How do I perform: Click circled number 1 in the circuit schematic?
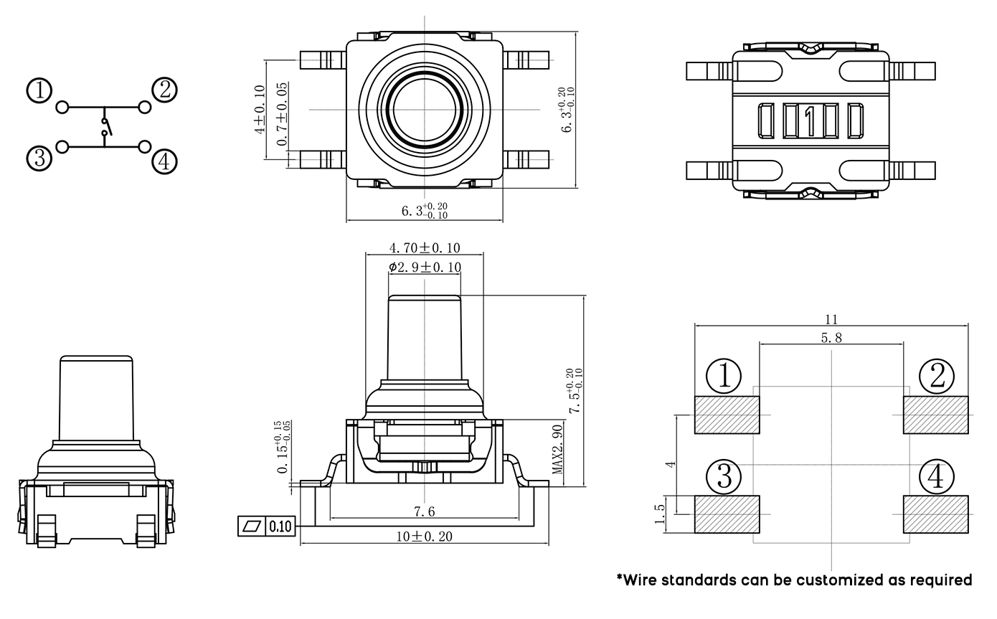[x=40, y=92]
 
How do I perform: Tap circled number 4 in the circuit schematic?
[x=164, y=162]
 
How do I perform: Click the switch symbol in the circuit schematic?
[x=105, y=128]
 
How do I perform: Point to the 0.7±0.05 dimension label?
[x=283, y=115]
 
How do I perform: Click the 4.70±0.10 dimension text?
[x=425, y=248]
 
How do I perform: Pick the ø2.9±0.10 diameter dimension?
[x=425, y=268]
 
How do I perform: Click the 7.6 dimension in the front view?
[x=424, y=511]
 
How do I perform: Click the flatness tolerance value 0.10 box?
[x=280, y=526]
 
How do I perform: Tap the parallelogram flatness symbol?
[x=252, y=526]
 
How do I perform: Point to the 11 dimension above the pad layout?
[x=831, y=320]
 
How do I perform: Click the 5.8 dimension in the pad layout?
[x=831, y=338]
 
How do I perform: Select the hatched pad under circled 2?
[x=936, y=415]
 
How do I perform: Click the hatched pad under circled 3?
[x=727, y=514]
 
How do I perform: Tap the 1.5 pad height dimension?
[x=661, y=514]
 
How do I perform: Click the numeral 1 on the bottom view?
[x=811, y=121]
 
